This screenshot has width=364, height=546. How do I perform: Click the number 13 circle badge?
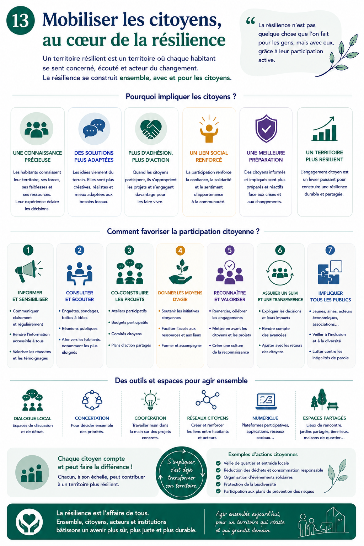21,20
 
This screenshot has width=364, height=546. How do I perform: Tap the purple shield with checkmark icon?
266,128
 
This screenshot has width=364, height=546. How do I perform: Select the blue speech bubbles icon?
94,128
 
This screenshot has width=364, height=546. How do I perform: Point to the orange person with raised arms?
209,129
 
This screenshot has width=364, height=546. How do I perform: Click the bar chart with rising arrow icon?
325,129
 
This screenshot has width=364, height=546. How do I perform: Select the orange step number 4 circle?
180,250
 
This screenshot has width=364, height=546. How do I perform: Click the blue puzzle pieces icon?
330,272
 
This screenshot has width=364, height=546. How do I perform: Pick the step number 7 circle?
330,250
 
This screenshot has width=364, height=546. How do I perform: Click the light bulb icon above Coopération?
150,400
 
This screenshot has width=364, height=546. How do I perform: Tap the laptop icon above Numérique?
266,401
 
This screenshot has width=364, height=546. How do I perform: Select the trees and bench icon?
324,400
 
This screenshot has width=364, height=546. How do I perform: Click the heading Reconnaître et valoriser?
230,296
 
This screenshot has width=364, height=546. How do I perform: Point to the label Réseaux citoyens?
208,418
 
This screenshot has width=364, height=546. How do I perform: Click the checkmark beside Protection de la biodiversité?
218,484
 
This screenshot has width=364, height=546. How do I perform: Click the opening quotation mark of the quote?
251,21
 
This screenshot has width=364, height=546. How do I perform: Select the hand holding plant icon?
180,272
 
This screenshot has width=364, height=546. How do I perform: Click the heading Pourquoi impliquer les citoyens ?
181,97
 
